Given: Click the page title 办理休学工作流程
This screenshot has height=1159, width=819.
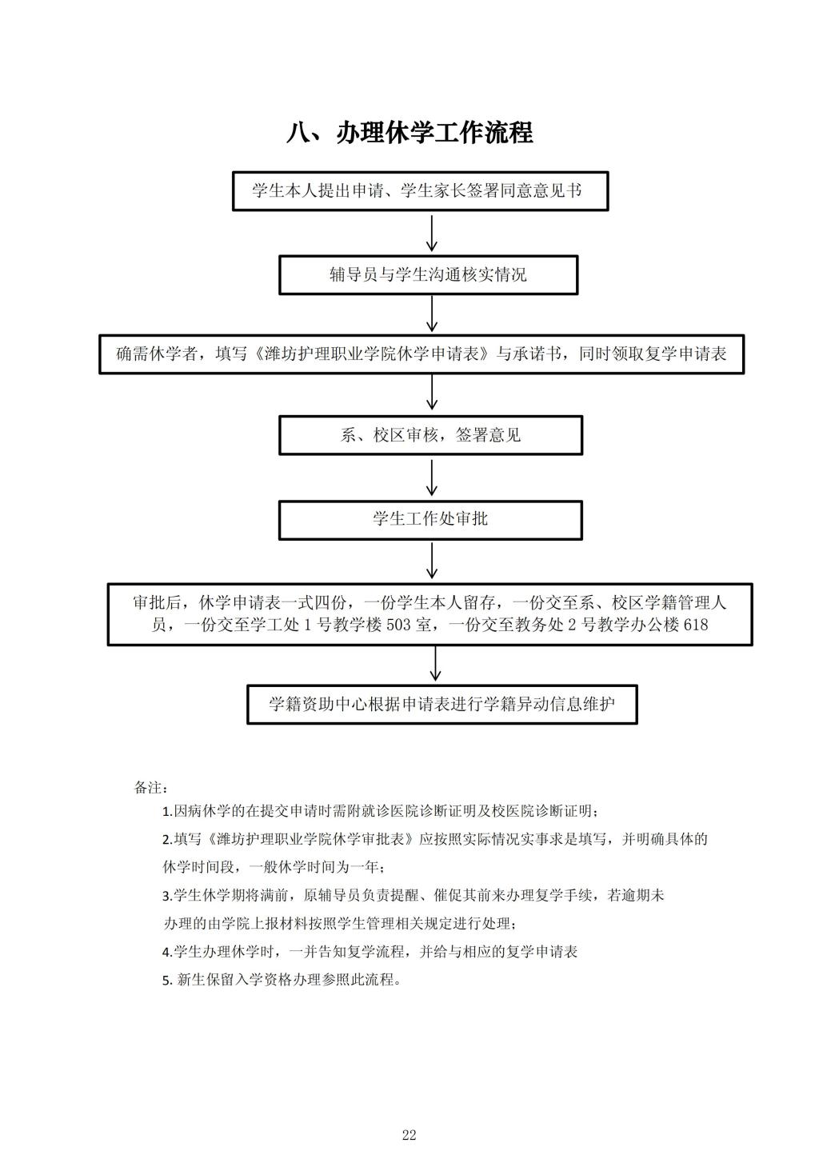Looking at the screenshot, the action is point(434,133).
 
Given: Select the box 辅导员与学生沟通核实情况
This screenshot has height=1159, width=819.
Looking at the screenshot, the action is point(429,274).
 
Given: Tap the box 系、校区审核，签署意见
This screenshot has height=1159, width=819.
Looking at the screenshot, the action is point(430,435).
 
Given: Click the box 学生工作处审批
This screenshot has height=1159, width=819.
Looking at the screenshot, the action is point(430,520).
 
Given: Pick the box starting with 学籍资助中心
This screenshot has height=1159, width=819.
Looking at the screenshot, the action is point(441,704).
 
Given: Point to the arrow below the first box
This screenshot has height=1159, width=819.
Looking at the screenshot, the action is point(431,234).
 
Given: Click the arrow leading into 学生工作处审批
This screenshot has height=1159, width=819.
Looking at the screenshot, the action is point(431,478).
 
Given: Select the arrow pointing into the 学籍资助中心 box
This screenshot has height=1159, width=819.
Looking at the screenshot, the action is point(435,664).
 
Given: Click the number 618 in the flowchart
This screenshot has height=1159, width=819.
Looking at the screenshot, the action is point(696,625).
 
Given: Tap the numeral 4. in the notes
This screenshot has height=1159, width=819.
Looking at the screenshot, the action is point(167,952).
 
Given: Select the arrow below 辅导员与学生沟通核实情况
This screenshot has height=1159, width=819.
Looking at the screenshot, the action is point(431,314).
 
